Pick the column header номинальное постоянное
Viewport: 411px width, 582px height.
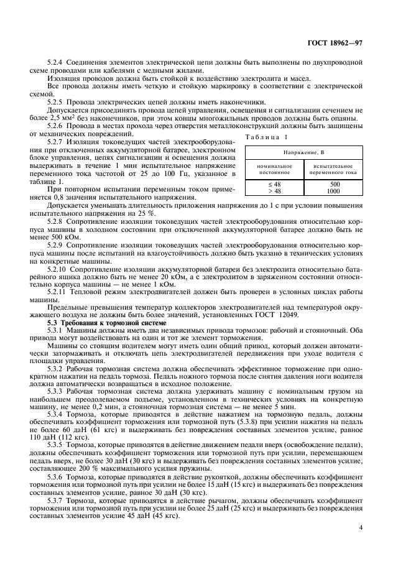point(274,169)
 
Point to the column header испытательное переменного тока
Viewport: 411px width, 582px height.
point(334,169)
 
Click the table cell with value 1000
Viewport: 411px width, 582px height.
point(334,191)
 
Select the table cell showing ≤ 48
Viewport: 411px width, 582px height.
point(274,184)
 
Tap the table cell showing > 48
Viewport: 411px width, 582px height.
point(274,191)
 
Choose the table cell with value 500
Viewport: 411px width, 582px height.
point(334,184)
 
